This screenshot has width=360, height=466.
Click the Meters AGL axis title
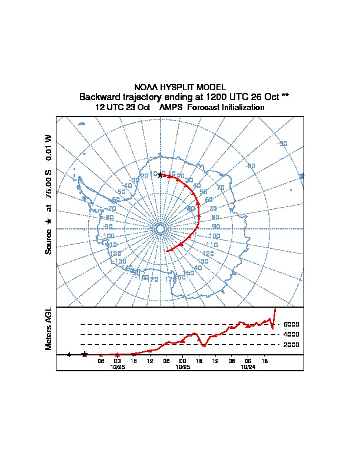coord(49,328)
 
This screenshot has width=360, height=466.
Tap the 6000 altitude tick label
coord(291,324)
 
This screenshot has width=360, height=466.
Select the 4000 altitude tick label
coord(291,334)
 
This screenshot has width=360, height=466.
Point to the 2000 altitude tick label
coord(291,345)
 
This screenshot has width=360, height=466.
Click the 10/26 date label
coord(117,366)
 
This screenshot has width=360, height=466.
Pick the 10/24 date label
coord(248,366)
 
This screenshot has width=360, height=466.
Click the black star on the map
coord(160,175)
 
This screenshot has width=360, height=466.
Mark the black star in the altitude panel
coord(85,354)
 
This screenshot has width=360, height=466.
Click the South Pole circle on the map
coord(160,228)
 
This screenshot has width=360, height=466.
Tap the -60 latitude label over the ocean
coord(251,166)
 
